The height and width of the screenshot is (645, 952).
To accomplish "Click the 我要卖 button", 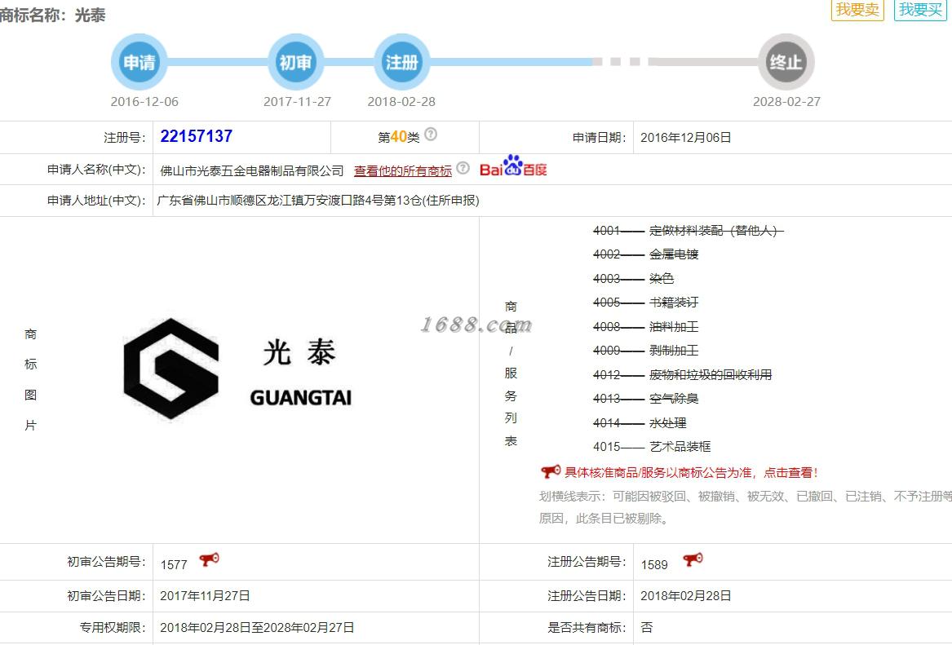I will tap(857, 10).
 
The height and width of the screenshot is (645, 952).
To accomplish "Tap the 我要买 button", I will tap(920, 10).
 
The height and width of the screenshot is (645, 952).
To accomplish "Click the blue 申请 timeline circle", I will tap(139, 62).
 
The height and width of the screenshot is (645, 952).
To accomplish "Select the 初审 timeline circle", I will tap(295, 62).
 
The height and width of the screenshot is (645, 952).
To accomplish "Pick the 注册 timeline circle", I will tap(401, 62).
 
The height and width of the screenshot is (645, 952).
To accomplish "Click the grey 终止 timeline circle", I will tap(786, 62).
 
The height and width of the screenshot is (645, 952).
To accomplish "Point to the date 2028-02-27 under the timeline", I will tap(786, 102).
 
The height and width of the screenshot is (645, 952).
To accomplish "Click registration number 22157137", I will tap(197, 136).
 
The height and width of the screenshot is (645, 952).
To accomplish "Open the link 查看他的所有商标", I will tap(402, 170).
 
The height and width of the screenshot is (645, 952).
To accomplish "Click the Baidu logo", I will tap(513, 167).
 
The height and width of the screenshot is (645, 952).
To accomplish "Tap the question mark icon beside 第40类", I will tap(431, 135).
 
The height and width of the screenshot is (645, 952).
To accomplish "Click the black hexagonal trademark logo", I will tap(171, 369).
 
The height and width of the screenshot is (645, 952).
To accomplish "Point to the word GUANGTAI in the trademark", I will tap(300, 398).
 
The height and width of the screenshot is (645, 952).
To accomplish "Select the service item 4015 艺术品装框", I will tap(652, 447).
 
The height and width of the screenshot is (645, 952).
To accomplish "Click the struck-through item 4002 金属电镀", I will tap(645, 254).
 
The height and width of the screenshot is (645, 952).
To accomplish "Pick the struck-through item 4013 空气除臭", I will tap(645, 399).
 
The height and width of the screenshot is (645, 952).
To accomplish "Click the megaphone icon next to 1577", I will tap(210, 560).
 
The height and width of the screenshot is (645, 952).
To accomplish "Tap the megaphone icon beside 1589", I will tap(693, 560).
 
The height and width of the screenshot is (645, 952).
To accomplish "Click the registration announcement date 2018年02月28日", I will tap(686, 596).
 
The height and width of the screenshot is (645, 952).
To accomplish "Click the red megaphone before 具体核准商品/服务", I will tap(550, 471).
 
